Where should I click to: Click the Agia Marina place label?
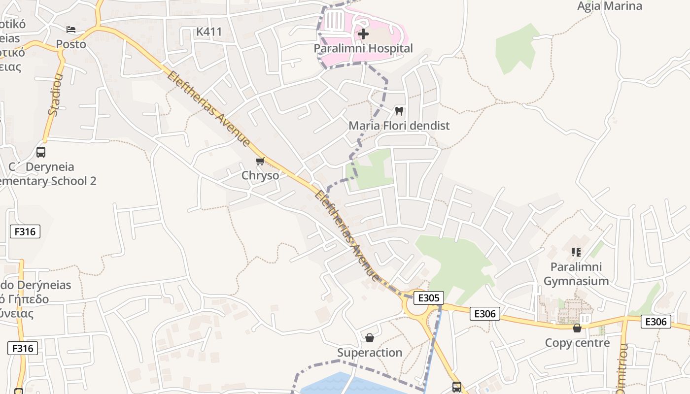[x=610, y=6]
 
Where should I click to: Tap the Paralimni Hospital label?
[x=363, y=48]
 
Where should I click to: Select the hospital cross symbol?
[x=363, y=34]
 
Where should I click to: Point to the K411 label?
[x=209, y=32]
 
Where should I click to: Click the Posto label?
[x=71, y=44]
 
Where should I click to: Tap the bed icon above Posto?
[x=71, y=30]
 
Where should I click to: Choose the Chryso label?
[x=260, y=175]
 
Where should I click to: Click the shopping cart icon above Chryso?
[x=260, y=161]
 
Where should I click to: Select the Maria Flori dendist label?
[x=399, y=126]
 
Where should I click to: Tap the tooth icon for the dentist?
[x=399, y=111]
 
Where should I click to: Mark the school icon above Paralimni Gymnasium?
[x=576, y=252]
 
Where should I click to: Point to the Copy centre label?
[x=577, y=343]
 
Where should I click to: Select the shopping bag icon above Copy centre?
[x=577, y=328]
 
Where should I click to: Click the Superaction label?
[x=370, y=353]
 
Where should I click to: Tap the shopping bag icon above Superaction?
[x=370, y=338]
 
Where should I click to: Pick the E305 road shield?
[x=428, y=297]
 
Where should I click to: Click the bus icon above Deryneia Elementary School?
[x=41, y=152]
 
